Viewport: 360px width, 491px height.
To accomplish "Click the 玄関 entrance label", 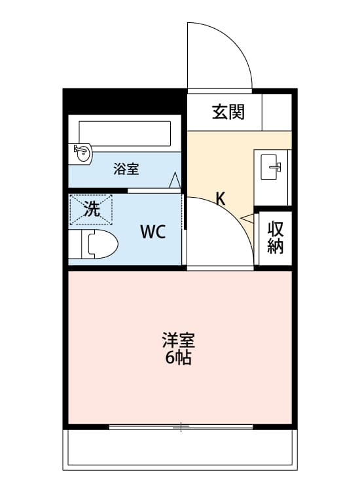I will click(x=228, y=113).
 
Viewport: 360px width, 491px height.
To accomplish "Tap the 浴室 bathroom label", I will click(x=126, y=169).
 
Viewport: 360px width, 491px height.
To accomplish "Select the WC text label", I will click(x=152, y=232).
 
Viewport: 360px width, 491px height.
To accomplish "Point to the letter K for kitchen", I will click(x=221, y=199).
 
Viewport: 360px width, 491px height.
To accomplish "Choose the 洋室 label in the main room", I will click(x=179, y=341).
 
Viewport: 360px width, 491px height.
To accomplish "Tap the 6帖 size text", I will click(x=179, y=358).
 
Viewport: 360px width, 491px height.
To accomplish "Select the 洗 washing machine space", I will click(x=92, y=209).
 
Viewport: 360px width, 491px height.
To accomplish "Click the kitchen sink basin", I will click(x=270, y=167).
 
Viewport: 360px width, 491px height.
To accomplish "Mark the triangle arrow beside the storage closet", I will click(x=247, y=217).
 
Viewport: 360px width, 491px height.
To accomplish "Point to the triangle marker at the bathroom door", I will click(x=175, y=180).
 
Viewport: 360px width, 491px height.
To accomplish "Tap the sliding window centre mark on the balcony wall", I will click(x=181, y=427).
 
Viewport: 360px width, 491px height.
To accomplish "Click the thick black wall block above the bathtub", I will click(x=124, y=101).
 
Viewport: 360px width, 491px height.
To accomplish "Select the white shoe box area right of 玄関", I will click(x=277, y=113).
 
